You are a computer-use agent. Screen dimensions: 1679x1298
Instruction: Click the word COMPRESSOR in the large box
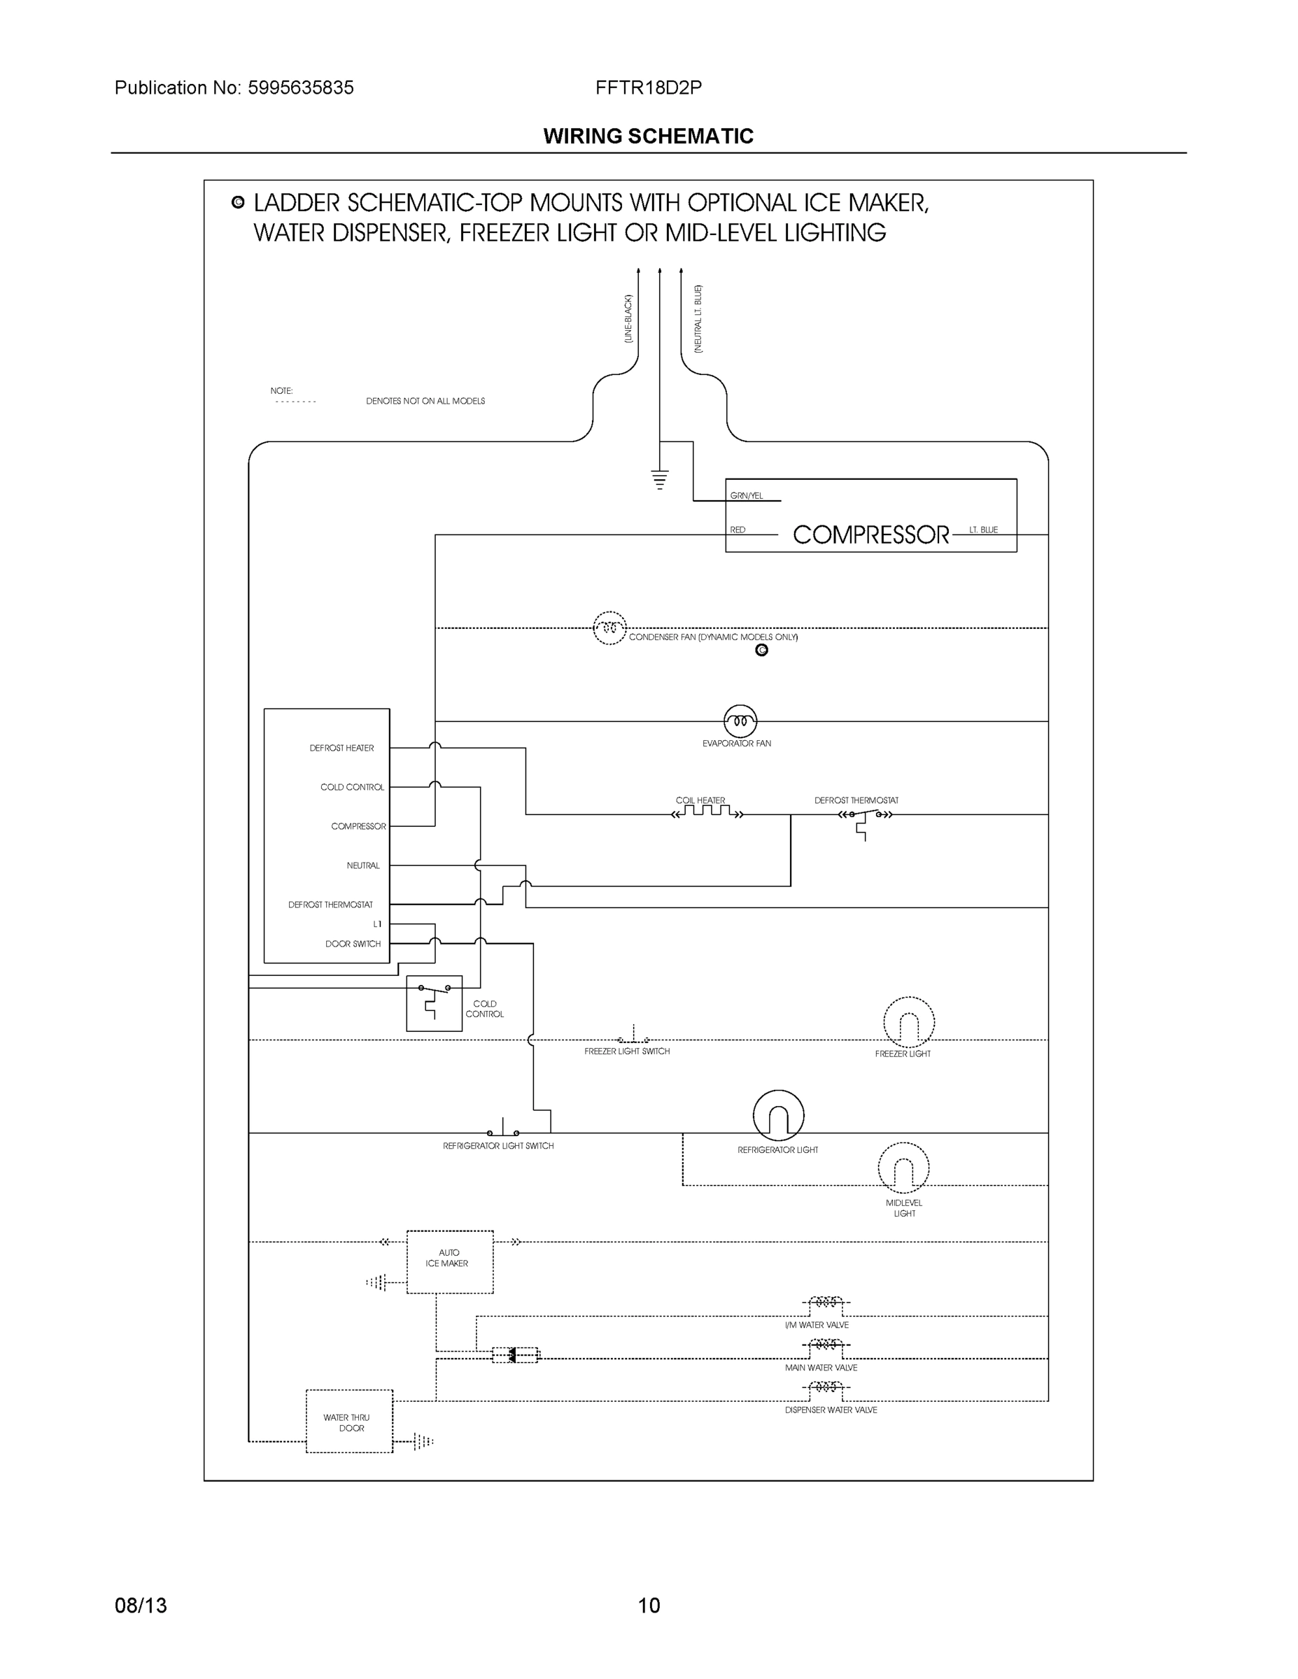click(870, 535)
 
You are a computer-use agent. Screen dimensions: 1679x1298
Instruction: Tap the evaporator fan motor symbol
click(740, 721)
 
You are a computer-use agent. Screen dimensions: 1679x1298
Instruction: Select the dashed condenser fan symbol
click(609, 628)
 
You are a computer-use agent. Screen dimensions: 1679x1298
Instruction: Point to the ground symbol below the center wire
click(659, 479)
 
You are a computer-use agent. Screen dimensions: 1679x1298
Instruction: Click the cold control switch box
click(434, 1003)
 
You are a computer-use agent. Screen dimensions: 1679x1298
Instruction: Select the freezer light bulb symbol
click(908, 1023)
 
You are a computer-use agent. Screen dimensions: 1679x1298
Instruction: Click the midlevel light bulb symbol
click(903, 1168)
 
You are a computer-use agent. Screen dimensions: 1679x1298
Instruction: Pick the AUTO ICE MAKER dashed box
click(450, 1261)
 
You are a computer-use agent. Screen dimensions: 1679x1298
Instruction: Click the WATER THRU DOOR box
click(349, 1422)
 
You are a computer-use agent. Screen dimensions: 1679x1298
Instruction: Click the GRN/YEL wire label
click(746, 496)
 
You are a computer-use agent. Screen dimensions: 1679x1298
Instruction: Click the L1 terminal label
click(376, 924)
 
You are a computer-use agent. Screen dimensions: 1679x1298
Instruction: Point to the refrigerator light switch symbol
click(503, 1131)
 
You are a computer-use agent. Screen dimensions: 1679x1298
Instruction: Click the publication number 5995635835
click(301, 87)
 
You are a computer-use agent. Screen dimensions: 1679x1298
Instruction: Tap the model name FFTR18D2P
click(648, 87)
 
